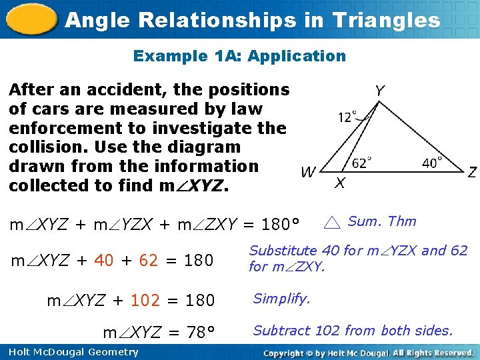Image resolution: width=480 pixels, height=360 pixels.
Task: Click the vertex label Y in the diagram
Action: coord(379,90)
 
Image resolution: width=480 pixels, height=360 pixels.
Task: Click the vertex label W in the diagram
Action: coord(308,173)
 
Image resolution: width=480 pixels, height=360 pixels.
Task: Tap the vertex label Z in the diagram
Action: coord(472,172)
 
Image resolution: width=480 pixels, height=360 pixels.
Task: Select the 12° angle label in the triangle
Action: coord(347,117)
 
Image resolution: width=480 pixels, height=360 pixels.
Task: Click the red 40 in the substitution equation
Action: coord(104,261)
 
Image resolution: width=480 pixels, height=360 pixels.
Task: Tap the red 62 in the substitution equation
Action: coord(149,261)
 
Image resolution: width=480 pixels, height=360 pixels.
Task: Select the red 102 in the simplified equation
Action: coord(145,301)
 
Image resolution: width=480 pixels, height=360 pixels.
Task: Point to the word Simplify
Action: coord(281,299)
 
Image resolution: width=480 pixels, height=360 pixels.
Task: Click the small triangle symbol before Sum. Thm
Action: coord(333,223)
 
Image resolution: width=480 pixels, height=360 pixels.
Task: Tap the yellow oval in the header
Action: coord(30,19)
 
